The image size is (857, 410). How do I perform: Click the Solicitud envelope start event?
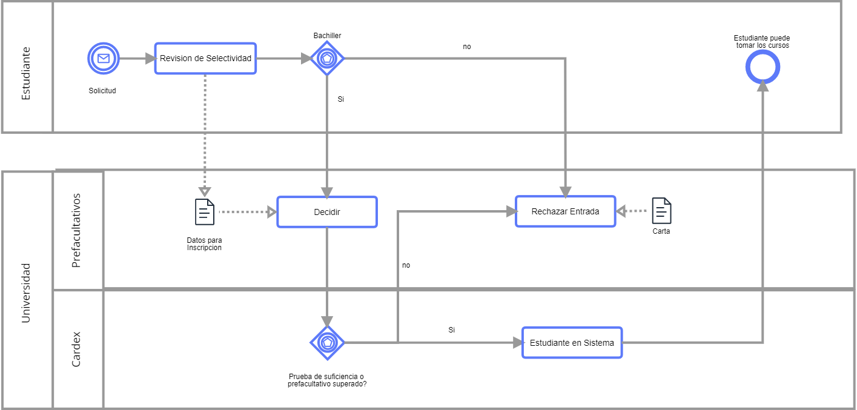(x=104, y=59)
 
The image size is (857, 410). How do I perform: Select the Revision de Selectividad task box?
(x=205, y=59)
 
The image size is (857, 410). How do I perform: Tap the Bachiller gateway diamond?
(x=327, y=59)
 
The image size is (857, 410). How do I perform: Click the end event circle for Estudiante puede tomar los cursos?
(x=762, y=67)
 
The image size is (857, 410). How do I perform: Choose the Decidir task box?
(x=327, y=212)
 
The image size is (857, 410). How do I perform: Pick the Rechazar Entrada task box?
(x=565, y=211)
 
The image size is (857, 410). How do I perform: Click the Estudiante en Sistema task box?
(x=572, y=343)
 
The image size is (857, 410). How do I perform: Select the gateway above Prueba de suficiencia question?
(x=327, y=342)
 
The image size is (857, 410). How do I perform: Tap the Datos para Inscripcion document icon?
(x=205, y=212)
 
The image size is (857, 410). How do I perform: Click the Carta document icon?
(x=661, y=211)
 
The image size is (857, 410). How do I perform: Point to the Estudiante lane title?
(x=26, y=73)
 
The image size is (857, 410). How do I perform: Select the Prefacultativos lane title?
(x=77, y=231)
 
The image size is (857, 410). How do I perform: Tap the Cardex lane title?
(x=77, y=349)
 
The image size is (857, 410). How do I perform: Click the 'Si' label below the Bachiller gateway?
(x=340, y=99)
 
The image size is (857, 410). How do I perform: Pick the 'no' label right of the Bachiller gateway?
(x=466, y=47)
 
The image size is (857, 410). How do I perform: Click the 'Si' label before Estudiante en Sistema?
(x=451, y=330)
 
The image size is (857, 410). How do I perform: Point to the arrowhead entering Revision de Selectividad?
(x=150, y=59)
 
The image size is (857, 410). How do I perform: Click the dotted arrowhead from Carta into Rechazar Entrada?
(x=621, y=211)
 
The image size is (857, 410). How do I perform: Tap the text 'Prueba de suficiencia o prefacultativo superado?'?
(x=327, y=380)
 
